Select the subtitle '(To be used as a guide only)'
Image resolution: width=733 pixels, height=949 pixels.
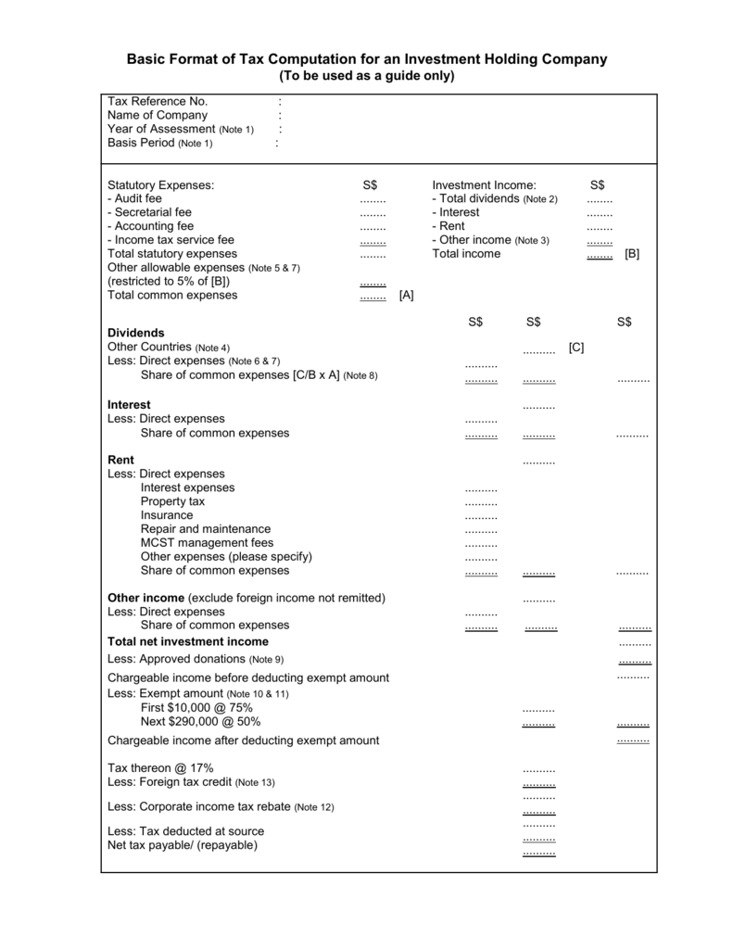pos(366,76)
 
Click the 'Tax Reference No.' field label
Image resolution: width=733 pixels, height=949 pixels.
pos(158,101)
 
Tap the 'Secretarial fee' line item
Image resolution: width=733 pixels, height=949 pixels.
pos(149,212)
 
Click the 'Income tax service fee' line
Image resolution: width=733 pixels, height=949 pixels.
pos(171,240)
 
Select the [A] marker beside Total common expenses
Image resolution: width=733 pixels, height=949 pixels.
pos(406,296)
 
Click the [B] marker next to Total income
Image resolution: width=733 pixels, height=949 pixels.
pos(632,254)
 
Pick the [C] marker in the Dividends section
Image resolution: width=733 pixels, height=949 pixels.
pos(576,347)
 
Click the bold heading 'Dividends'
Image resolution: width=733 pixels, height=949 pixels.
pos(136,333)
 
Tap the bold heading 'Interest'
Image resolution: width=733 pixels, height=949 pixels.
pos(129,405)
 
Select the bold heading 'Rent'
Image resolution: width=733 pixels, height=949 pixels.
pos(120,460)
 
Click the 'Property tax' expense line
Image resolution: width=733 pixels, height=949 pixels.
pos(172,501)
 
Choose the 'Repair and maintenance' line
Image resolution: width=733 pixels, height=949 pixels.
pos(206,529)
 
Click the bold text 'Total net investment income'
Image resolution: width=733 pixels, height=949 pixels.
pos(188,641)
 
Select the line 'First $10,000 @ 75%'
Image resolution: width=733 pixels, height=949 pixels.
pos(196,708)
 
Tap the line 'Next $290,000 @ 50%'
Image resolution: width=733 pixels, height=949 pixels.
pos(200,722)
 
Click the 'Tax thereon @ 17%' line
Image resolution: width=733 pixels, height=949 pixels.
pos(160,768)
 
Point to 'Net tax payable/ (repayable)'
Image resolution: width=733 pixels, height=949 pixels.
pos(183,845)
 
